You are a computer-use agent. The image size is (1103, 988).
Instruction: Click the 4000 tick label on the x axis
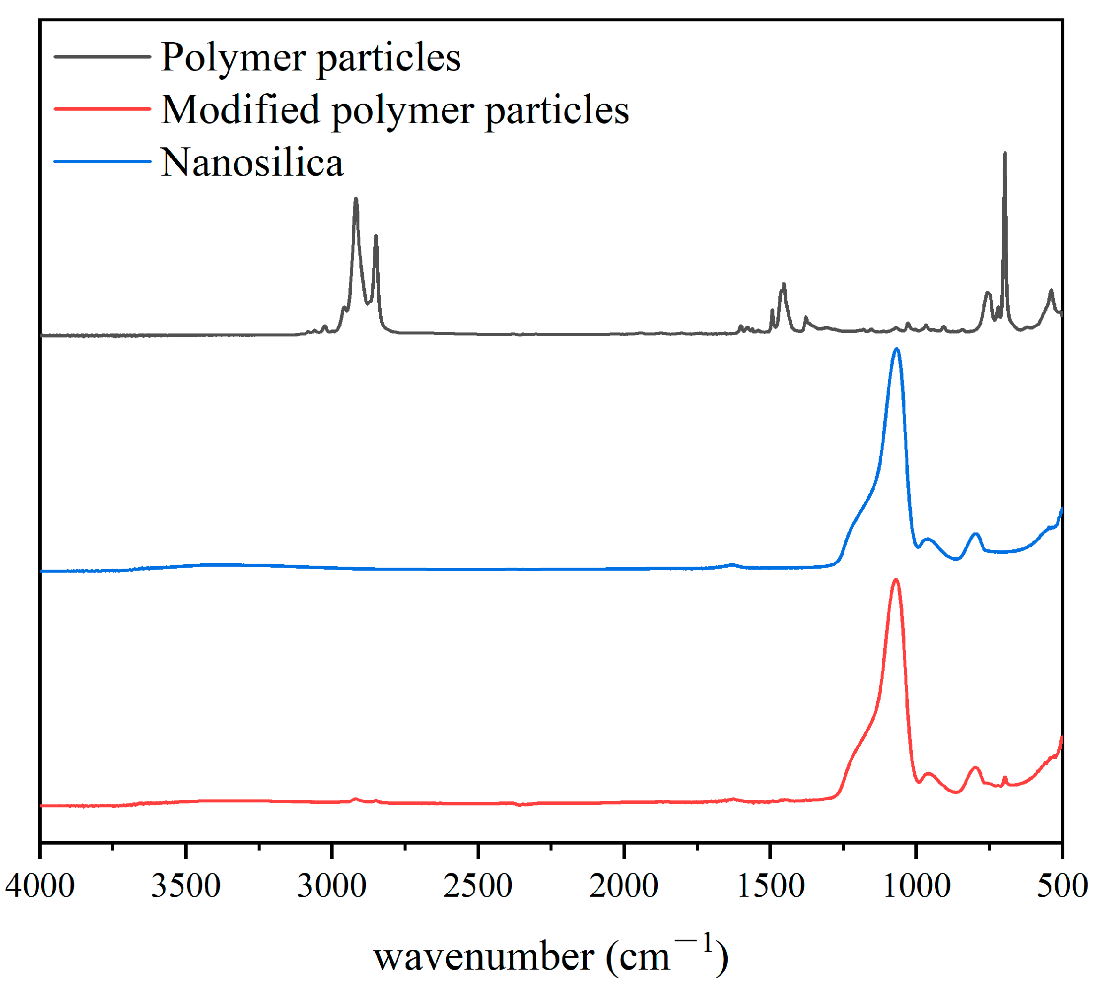pyautogui.click(x=40, y=886)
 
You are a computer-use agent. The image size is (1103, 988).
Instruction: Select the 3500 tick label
pyautogui.click(x=186, y=886)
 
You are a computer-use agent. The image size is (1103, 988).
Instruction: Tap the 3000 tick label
pyautogui.click(x=332, y=886)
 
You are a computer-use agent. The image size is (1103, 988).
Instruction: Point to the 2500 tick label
pyautogui.click(x=478, y=886)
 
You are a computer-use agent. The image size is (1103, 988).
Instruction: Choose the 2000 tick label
pyautogui.click(x=624, y=886)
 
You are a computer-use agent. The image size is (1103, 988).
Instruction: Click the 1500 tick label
pyautogui.click(x=770, y=886)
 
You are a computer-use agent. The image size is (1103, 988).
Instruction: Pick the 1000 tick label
pyautogui.click(x=916, y=886)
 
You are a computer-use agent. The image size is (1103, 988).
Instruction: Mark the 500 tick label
pyautogui.click(x=1062, y=886)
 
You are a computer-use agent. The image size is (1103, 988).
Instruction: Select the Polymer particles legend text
pyautogui.click(x=311, y=57)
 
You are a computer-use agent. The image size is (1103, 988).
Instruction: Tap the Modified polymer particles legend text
pyautogui.click(x=395, y=110)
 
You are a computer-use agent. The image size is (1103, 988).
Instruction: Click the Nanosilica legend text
pyautogui.click(x=253, y=162)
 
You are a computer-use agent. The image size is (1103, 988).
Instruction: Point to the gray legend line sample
pyautogui.click(x=102, y=57)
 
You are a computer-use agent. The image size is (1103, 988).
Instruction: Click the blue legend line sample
pyautogui.click(x=102, y=161)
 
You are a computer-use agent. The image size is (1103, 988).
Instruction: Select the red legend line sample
pyautogui.click(x=102, y=109)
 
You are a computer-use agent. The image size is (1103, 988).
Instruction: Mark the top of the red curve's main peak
pyautogui.click(x=896, y=580)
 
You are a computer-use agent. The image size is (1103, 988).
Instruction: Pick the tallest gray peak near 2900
pyautogui.click(x=356, y=199)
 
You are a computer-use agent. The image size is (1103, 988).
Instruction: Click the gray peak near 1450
pyautogui.click(x=783, y=284)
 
